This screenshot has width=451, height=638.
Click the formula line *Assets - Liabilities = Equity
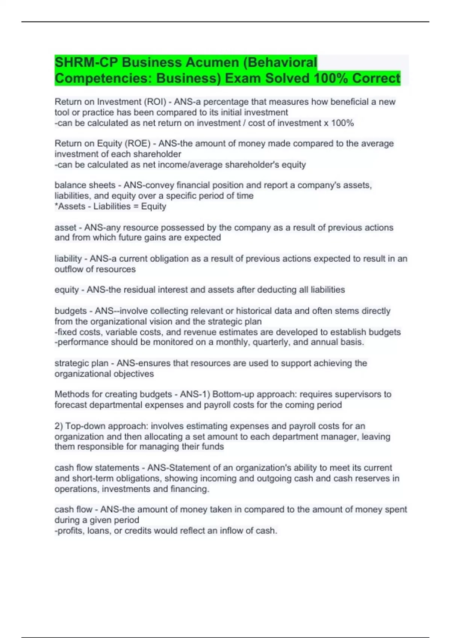[x=110, y=206]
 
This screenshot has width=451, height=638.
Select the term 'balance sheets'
[x=85, y=185]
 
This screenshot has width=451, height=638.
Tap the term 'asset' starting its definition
[x=65, y=227]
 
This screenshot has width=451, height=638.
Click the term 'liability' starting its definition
[x=68, y=259]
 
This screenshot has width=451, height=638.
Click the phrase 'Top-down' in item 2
[x=83, y=426]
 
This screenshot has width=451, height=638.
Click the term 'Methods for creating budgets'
[x=113, y=394]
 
